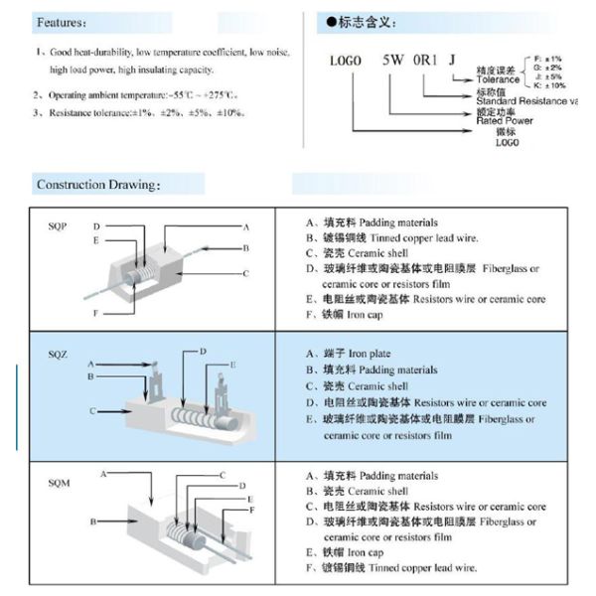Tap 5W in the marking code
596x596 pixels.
pos(394,60)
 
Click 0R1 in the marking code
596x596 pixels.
pos(427,60)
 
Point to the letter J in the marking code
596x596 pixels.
pos(453,60)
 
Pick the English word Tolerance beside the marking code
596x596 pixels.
pos(498,79)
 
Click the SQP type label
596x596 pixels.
pos(58,226)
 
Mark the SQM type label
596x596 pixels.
pos(60,482)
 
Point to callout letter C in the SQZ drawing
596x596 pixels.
pos(92,410)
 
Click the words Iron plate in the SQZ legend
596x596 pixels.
pos(372,354)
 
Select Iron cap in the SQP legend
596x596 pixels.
pos(371,315)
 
